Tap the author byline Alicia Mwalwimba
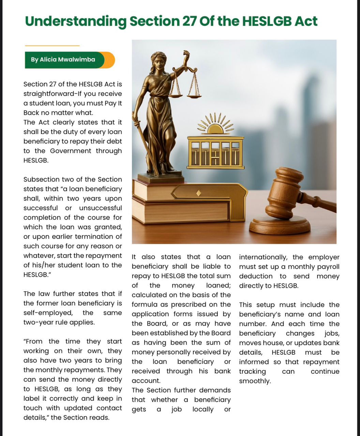(63, 60)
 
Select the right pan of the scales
(194, 96)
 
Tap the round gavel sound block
(280, 225)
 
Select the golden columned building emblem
(216, 153)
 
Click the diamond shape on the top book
(199, 193)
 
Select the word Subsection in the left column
(39, 180)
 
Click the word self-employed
(48, 313)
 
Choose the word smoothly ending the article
(255, 381)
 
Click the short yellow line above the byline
(52, 45)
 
